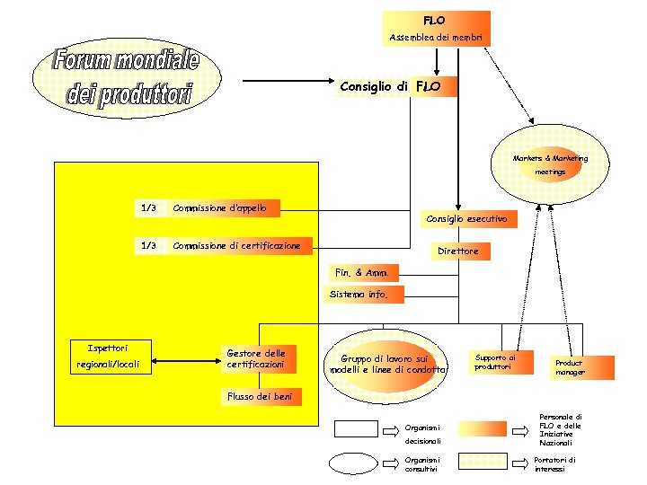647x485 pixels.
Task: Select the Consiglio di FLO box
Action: pos(396,86)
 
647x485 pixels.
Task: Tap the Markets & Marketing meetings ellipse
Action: pos(550,163)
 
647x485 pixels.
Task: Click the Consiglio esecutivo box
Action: pos(466,218)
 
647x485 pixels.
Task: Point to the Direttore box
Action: pos(457,251)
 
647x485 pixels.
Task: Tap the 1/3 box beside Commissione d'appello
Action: pos(149,208)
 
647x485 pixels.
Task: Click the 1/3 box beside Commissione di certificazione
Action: pos(149,245)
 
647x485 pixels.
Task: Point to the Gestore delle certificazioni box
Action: pos(257,359)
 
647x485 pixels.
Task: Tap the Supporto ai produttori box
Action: pos(497,361)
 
